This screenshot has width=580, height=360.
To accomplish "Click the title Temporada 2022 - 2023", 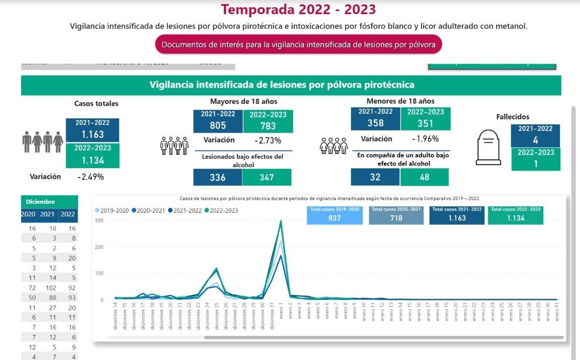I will pyautogui.click(x=298, y=9).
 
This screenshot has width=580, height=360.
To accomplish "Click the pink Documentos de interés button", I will pyautogui.click(x=298, y=45).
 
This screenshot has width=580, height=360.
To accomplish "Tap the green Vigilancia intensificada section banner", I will pyautogui.click(x=291, y=85).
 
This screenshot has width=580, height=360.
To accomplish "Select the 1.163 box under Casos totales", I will pyautogui.click(x=92, y=130).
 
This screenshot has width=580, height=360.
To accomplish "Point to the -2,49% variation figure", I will pyautogui.click(x=90, y=177).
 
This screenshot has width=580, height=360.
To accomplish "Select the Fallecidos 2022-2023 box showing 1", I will pyautogui.click(x=535, y=159).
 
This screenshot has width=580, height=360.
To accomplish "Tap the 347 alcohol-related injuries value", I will pyautogui.click(x=266, y=178).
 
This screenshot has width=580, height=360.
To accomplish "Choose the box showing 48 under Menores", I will pyautogui.click(x=424, y=177).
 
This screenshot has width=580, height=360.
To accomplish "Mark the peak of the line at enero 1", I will pyautogui.click(x=281, y=221).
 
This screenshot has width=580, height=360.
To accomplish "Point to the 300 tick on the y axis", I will pyautogui.click(x=99, y=221).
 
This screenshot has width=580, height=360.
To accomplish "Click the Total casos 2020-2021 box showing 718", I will pyautogui.click(x=396, y=215).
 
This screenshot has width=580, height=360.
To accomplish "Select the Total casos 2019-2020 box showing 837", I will pyautogui.click(x=335, y=215).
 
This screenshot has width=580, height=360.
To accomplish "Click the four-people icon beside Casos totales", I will pyautogui.click(x=42, y=141).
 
